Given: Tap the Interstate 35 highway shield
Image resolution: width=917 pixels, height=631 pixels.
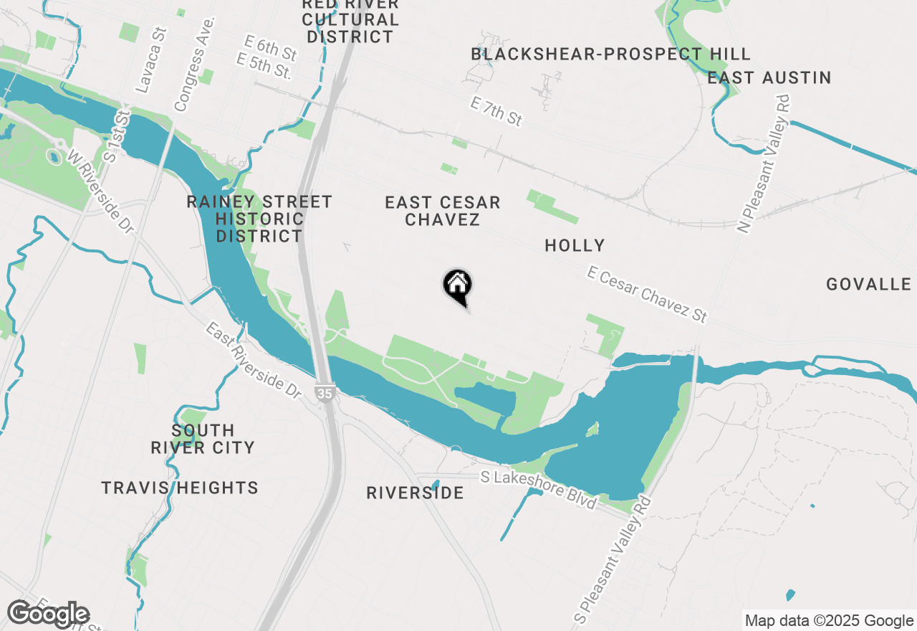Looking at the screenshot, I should [x=324, y=392].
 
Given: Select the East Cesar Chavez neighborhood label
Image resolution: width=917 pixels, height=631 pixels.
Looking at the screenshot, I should [x=442, y=211].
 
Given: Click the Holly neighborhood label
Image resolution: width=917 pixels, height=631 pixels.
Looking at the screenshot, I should [x=575, y=246].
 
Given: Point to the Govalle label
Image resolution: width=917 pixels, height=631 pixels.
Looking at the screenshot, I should [x=868, y=285].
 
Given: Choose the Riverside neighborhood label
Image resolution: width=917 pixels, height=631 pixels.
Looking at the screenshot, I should [x=415, y=493].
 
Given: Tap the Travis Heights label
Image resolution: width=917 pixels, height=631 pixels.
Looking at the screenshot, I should [x=180, y=488].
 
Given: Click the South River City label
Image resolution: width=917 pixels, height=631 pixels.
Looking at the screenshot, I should [x=203, y=439].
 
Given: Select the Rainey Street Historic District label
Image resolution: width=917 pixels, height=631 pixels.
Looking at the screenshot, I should [x=259, y=219].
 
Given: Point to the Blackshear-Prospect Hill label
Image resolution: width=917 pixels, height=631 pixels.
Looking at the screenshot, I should [x=610, y=54].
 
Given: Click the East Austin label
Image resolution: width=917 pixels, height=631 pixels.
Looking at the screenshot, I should [x=769, y=77].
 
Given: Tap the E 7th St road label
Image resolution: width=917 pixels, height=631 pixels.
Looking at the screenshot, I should [x=496, y=112].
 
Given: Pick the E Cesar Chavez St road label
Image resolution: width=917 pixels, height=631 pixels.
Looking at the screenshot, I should [x=647, y=295].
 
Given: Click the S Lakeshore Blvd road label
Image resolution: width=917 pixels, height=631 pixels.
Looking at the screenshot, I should [x=539, y=489].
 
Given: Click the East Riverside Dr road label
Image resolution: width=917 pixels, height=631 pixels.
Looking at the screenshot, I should [x=254, y=361].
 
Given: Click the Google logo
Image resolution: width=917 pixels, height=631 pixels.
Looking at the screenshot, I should [x=48, y=615].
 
